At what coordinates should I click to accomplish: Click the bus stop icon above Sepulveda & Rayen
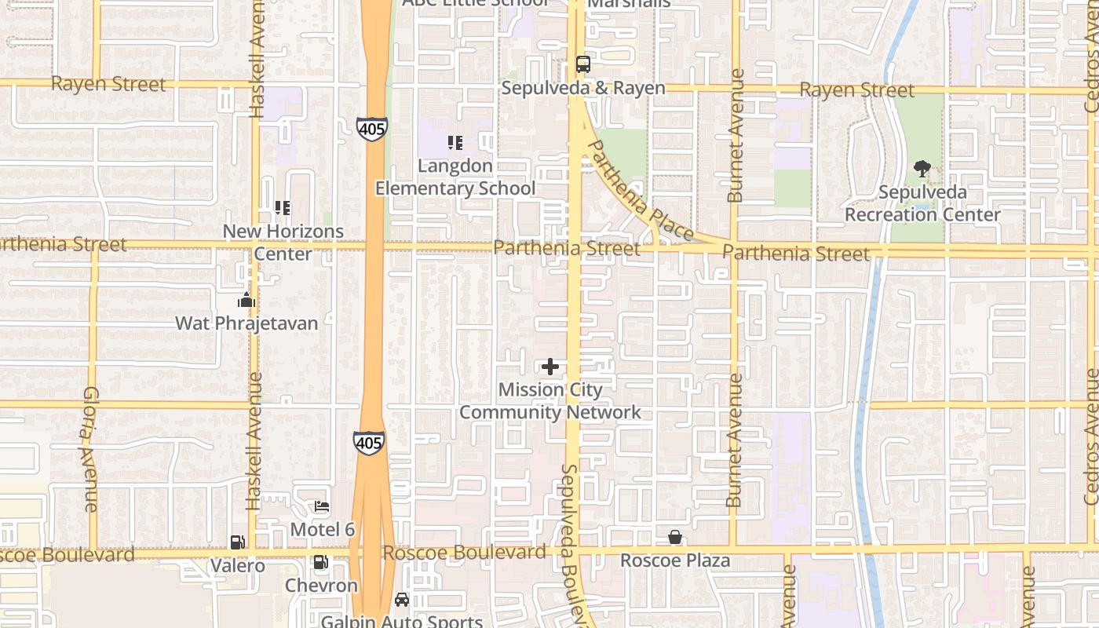pos(582,64)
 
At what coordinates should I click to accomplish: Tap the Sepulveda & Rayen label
pos(582,88)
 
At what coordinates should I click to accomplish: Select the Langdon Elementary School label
pos(455,177)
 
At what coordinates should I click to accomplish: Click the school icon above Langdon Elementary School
pos(455,143)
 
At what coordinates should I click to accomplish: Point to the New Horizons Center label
pos(283,243)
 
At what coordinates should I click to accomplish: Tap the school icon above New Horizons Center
pos(283,208)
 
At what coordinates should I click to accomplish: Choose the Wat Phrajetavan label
pos(246,323)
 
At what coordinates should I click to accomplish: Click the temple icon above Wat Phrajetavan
pos(246,300)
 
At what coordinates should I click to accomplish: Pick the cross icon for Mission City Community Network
pos(550,367)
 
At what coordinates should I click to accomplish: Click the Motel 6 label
pos(323,530)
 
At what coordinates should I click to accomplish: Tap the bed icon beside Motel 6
pos(322,507)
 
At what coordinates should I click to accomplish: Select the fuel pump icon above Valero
pos(237,542)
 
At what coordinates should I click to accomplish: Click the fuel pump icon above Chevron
pos(320,562)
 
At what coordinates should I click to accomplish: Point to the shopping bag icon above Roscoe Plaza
pos(674,537)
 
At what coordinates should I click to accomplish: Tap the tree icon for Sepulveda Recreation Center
pos(922,168)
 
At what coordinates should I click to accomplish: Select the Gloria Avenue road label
pos(90,449)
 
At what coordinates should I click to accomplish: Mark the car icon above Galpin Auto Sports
pos(402,600)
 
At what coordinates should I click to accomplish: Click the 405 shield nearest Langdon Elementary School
pos(371,129)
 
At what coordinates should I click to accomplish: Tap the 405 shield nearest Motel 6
pos(368,443)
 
